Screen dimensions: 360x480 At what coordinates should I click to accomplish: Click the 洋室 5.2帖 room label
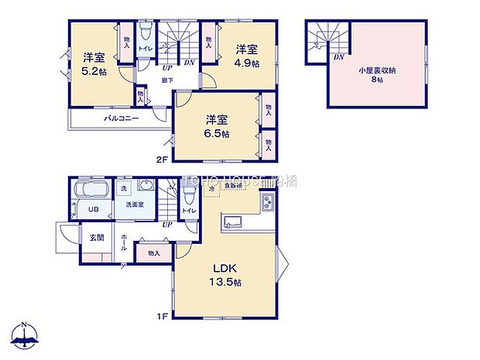(94, 63)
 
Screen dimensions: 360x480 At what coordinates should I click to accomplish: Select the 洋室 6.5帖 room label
(218, 127)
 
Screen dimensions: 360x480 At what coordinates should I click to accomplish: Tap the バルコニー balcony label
(121, 119)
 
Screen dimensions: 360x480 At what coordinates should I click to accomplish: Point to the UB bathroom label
(91, 209)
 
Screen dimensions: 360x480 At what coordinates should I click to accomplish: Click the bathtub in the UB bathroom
(91, 190)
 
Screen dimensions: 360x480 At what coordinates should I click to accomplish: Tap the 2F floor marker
(163, 160)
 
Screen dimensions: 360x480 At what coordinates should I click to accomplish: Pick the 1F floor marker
(163, 316)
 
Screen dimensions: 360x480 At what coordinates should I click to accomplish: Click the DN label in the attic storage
(338, 57)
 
